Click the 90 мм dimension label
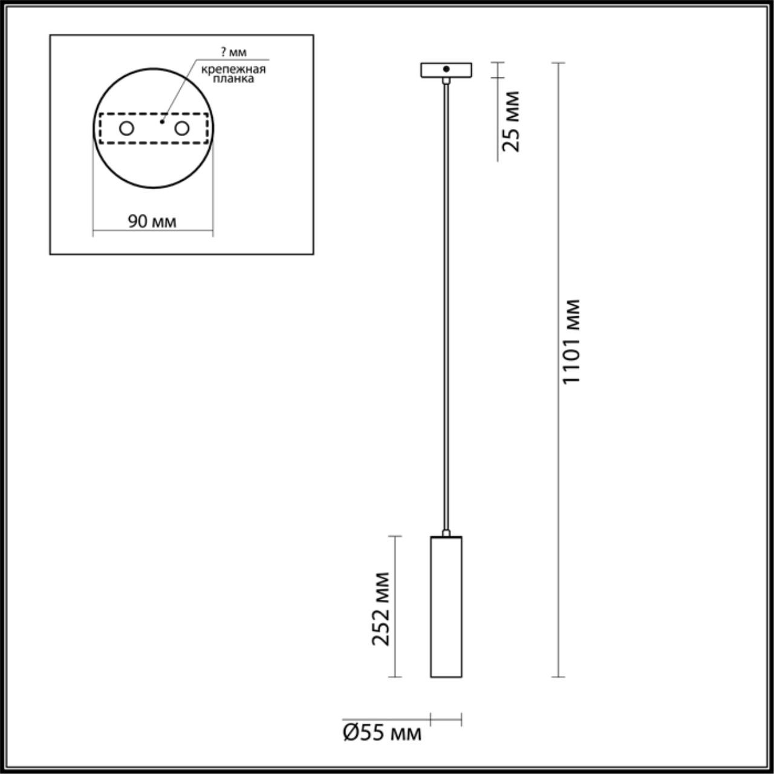(152, 222)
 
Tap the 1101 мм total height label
(571, 342)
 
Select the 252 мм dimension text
(382, 608)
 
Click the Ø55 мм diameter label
(382, 733)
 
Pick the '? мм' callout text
(233, 52)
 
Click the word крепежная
(233, 69)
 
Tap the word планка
(233, 79)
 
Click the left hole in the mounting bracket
(126, 128)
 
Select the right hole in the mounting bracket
(181, 128)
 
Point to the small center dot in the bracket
(161, 122)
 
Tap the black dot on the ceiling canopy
(446, 69)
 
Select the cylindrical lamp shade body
(446, 607)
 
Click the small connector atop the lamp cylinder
(446, 533)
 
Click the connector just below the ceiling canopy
(446, 80)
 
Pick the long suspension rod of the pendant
(446, 302)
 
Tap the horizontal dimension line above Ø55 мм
(446, 720)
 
